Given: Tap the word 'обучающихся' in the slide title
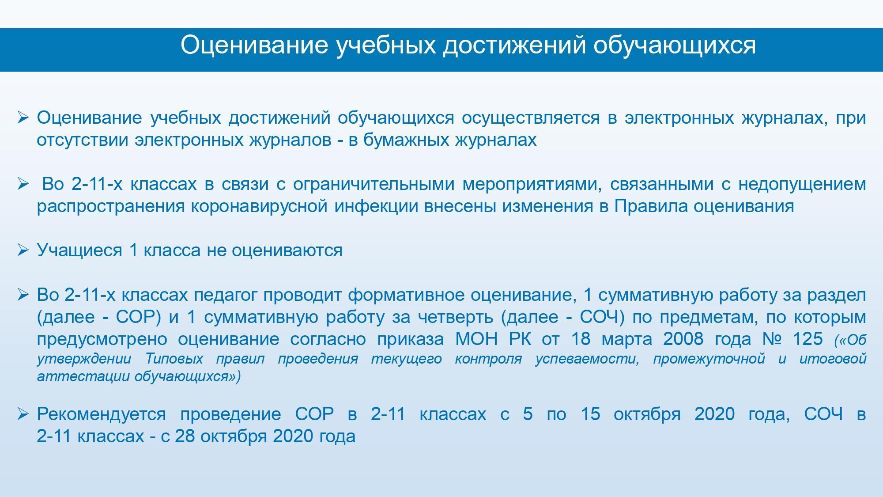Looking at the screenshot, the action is [x=675, y=45].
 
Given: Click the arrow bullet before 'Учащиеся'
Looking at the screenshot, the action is [x=23, y=250].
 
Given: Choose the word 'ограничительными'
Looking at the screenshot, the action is [x=374, y=184].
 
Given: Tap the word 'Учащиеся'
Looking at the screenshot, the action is [x=79, y=250].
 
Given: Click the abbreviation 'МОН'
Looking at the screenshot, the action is [x=476, y=339].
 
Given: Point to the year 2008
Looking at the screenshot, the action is [x=683, y=339].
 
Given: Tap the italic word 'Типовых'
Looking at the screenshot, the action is [x=174, y=359].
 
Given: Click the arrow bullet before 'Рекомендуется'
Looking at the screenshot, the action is [x=23, y=414].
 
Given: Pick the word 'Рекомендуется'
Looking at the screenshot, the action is [x=102, y=414].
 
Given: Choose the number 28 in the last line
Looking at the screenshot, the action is [x=185, y=436].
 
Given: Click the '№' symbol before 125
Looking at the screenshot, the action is [x=772, y=339].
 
